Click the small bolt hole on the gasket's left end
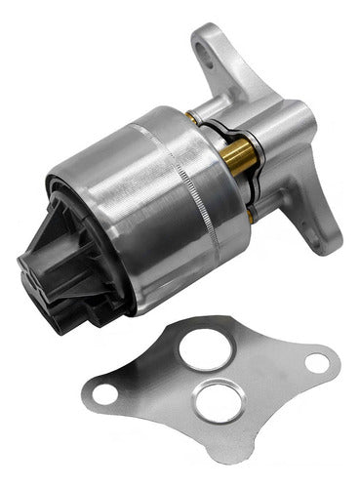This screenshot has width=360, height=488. coord(106,394)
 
